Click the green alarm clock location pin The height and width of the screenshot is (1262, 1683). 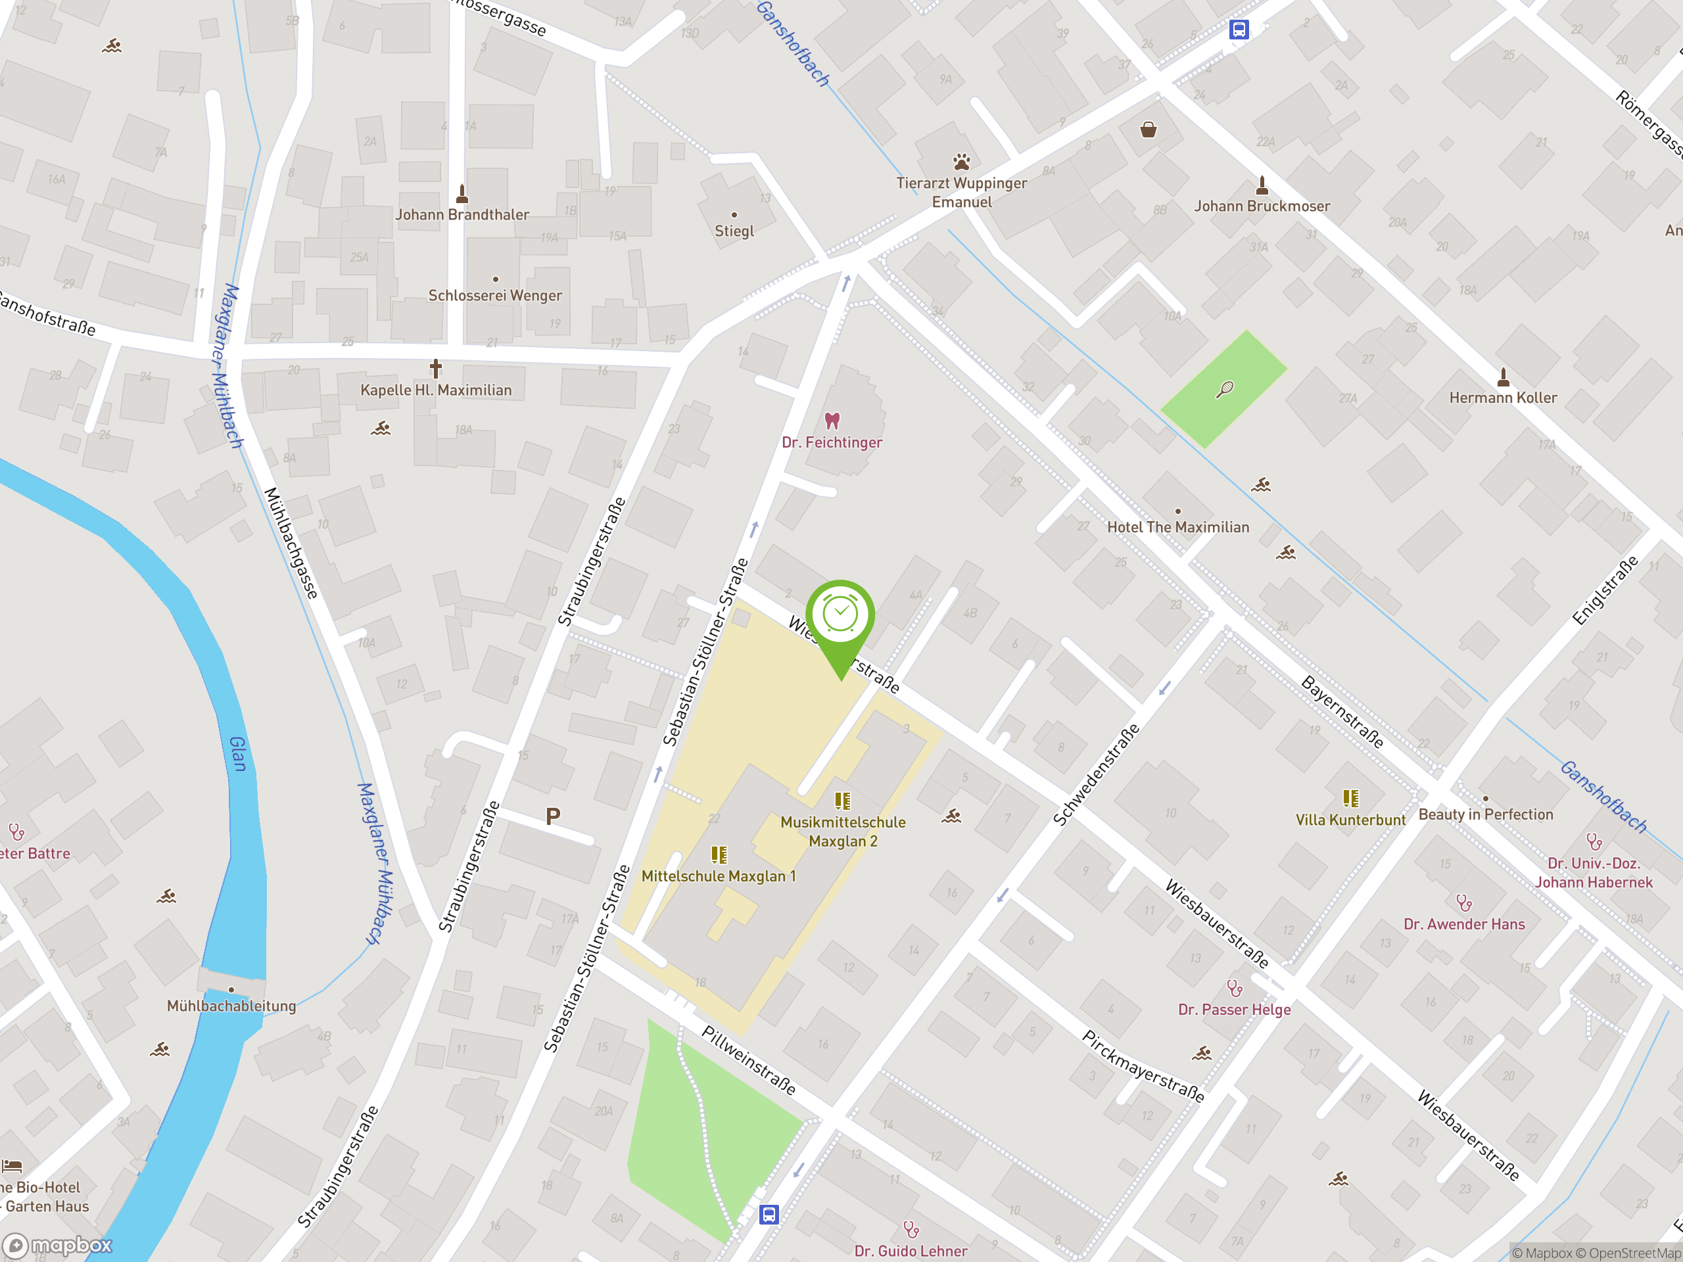coord(840,616)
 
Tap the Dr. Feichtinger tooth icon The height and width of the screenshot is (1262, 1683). coord(832,421)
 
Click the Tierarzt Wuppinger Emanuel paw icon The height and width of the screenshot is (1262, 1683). coord(962,162)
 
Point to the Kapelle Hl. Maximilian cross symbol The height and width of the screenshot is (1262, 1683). coord(435,369)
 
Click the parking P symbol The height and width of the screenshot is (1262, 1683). coord(553,817)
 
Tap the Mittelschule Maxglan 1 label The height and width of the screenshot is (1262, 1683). coord(719,876)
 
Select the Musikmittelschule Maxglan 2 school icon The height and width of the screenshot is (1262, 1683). coord(842,801)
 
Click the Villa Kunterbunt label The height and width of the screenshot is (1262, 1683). coord(1350,820)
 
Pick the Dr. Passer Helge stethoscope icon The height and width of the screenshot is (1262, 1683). coord(1234,988)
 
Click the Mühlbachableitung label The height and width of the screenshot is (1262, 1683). coord(231,1006)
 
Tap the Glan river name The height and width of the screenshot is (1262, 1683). coord(238,753)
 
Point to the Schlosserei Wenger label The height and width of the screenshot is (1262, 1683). coord(494,295)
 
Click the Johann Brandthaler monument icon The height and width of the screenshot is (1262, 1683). coord(462,193)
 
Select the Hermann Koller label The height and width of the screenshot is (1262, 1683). coord(1503,398)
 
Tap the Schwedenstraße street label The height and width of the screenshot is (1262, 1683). coord(1096,774)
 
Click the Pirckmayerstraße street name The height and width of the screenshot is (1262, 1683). coord(1143,1067)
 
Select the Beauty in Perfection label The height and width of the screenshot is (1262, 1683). coord(1485,814)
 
